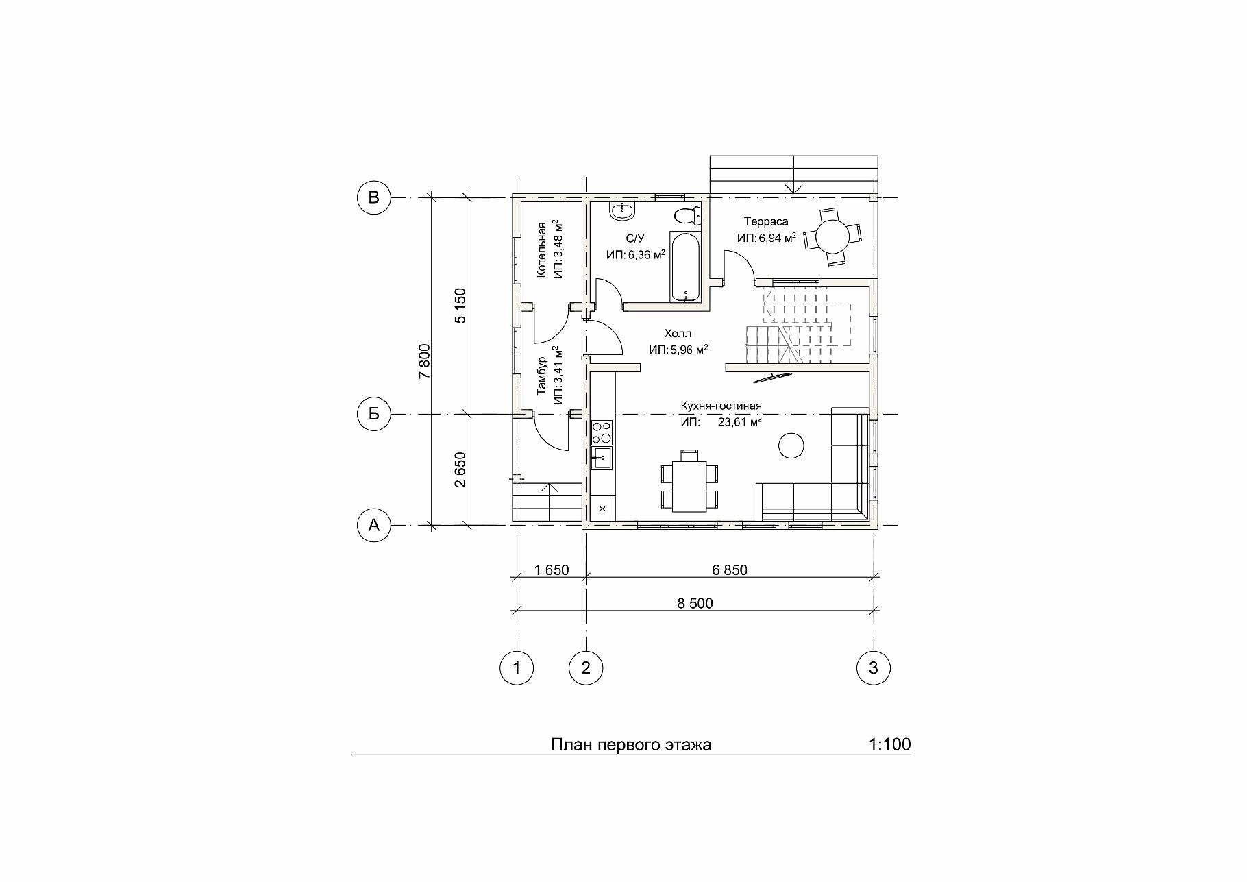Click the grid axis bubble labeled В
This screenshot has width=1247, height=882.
(x=374, y=197)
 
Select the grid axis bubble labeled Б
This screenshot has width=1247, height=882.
(x=374, y=414)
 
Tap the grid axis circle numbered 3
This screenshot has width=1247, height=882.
(x=874, y=667)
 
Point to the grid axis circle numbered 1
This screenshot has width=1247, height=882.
(x=517, y=667)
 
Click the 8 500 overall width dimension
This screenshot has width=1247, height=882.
(x=695, y=603)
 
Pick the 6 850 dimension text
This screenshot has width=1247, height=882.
(x=730, y=570)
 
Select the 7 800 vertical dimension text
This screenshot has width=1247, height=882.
(x=424, y=361)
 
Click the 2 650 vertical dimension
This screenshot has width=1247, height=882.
(x=460, y=469)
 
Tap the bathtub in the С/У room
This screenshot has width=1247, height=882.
(x=686, y=268)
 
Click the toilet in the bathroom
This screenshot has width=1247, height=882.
(x=687, y=216)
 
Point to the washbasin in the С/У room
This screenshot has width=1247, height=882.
(x=623, y=212)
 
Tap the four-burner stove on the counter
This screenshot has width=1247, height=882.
(x=602, y=432)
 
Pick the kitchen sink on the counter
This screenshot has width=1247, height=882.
(x=602, y=458)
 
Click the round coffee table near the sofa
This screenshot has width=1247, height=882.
(x=791, y=446)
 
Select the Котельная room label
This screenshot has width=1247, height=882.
(x=541, y=249)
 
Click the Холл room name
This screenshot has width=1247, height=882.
(x=678, y=334)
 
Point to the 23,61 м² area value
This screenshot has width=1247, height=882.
(x=739, y=422)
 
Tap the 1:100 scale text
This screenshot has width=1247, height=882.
(x=889, y=744)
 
